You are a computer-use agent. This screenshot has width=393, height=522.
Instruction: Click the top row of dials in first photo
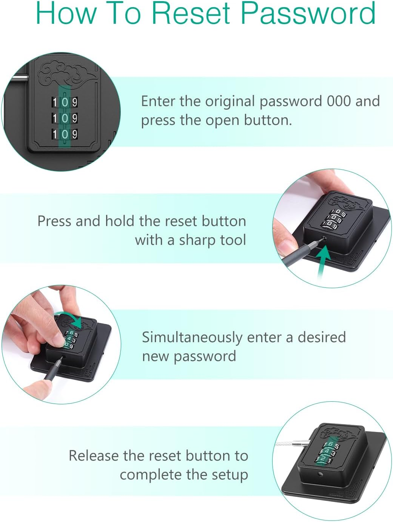click(65, 102)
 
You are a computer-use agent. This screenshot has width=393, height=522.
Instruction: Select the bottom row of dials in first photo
click(65, 134)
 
